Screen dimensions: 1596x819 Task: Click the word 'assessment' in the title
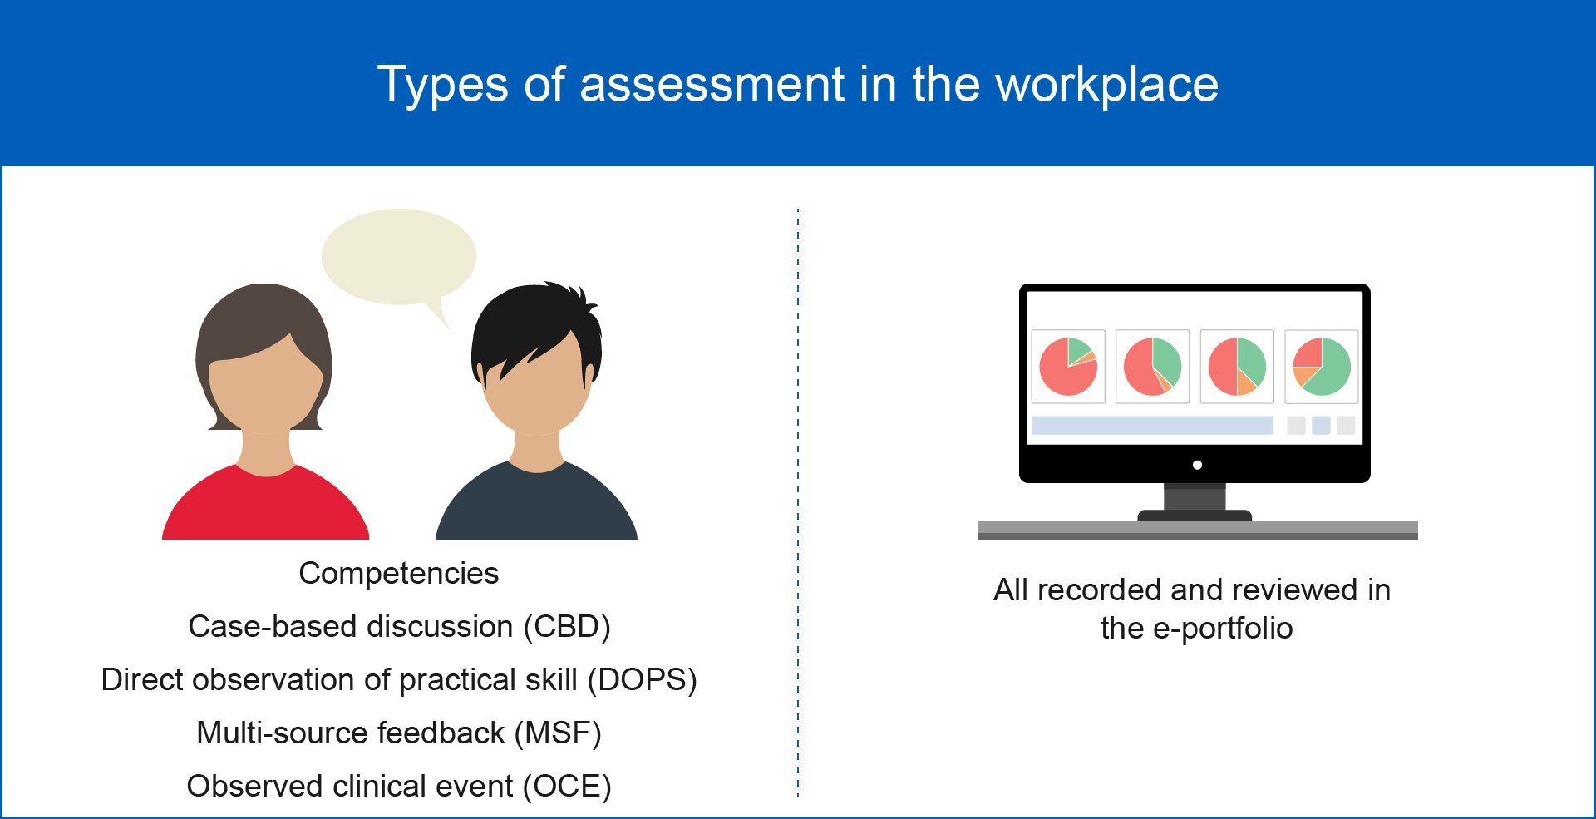click(x=712, y=85)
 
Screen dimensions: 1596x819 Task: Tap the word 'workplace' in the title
click(x=1107, y=85)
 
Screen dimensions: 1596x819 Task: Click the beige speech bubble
click(x=399, y=258)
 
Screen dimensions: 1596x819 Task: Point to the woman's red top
click(x=265, y=507)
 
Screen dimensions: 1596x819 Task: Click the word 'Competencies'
click(x=399, y=574)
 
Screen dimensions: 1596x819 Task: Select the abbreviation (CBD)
click(x=567, y=627)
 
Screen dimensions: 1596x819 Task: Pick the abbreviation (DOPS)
click(x=643, y=680)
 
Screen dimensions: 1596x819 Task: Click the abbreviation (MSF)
click(x=558, y=733)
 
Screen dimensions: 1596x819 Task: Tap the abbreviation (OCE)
click(x=568, y=787)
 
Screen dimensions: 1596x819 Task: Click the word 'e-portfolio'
click(x=1223, y=629)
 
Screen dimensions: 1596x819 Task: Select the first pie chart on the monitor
click(x=1068, y=367)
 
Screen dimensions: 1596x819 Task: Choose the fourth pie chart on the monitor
click(x=1322, y=367)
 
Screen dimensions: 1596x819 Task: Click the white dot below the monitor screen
click(x=1197, y=465)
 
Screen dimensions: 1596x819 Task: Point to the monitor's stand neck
click(x=1195, y=496)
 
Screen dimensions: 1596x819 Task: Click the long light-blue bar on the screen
click(x=1152, y=426)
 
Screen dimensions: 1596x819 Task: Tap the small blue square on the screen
click(x=1321, y=426)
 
